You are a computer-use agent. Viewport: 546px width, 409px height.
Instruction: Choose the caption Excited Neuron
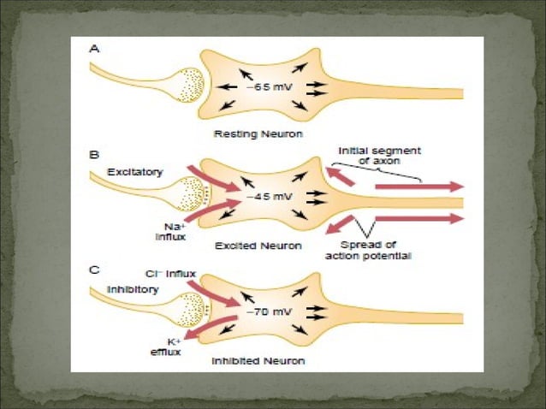258,246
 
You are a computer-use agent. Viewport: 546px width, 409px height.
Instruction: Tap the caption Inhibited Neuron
258,360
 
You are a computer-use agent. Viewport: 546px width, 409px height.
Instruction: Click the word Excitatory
134,173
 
